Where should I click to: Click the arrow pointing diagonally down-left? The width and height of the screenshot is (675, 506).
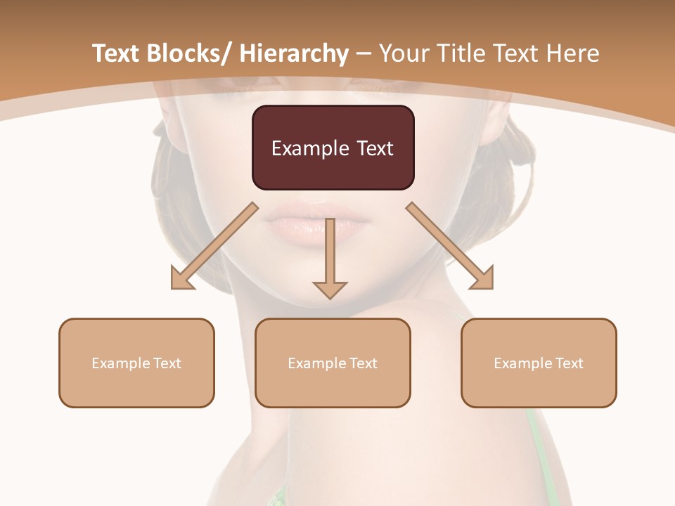coord(214,247)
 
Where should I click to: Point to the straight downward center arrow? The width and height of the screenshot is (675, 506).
coord(330,257)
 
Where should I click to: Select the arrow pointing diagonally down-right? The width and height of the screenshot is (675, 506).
coord(450,246)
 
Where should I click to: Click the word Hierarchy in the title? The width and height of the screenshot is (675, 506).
coord(294,53)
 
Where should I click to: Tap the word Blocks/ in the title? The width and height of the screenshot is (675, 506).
coord(189,53)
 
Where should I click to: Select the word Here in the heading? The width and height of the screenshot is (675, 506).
coord(573,53)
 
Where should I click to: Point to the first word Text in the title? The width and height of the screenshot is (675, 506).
coord(117,53)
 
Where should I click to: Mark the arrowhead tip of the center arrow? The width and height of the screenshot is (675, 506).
coord(330,299)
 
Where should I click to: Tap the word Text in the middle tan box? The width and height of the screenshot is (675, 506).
coord(364,363)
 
